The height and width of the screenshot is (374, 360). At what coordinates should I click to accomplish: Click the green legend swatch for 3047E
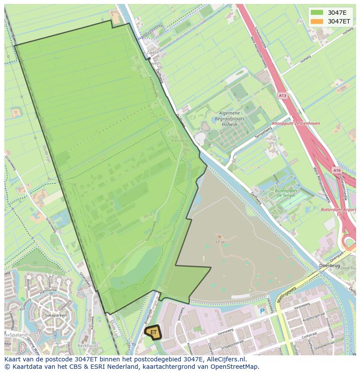[317, 13]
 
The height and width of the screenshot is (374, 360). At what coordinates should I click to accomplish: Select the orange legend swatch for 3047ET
[317, 21]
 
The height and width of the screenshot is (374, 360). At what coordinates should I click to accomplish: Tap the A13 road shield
[283, 96]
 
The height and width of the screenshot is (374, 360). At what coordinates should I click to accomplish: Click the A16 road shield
[337, 171]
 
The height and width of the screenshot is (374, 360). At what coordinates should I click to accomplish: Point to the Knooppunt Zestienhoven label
[296, 123]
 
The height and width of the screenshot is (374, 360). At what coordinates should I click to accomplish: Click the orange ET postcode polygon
[153, 332]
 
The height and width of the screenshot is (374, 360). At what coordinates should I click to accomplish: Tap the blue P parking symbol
[262, 311]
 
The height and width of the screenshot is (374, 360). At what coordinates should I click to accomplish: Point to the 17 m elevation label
[220, 242]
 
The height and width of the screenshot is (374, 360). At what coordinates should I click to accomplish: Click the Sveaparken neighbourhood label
[55, 316]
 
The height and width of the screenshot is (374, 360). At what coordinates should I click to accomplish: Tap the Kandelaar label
[181, 141]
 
